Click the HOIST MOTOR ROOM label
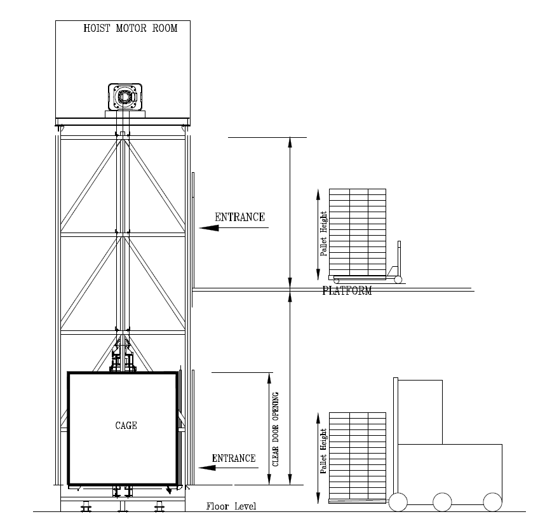(x=130, y=28)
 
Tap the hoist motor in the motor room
(x=125, y=97)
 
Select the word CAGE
(x=126, y=426)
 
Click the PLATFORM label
(x=347, y=291)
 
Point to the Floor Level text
(x=231, y=506)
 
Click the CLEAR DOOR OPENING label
(x=276, y=429)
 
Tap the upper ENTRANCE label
(x=240, y=217)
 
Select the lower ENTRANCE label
(x=234, y=458)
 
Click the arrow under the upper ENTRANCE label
(x=234, y=227)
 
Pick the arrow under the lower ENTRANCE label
(x=228, y=468)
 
